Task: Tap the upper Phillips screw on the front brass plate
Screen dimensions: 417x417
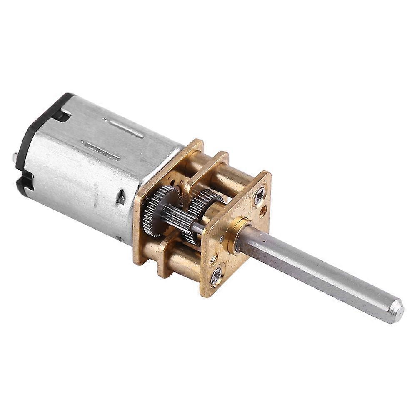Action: pos(259,195)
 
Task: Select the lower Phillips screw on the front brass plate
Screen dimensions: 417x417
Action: pos(216,276)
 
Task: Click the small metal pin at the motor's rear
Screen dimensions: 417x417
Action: pos(15,157)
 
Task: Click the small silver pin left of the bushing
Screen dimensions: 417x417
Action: pos(222,239)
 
